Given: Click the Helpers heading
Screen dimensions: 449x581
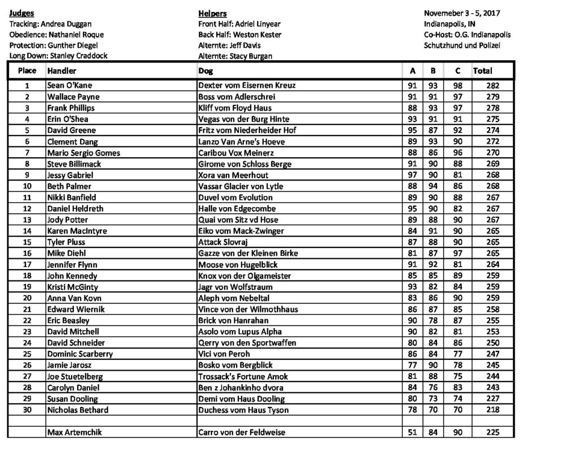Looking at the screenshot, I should point(211,13).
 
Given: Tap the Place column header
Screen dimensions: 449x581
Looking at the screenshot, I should point(27,71).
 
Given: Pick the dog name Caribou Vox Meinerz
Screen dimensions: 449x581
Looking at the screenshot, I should point(233,153).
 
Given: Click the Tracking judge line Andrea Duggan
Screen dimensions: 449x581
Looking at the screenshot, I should point(50,24).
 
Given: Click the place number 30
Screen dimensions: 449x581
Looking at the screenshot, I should point(27,410).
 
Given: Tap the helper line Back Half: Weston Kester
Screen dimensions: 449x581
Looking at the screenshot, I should point(239,35).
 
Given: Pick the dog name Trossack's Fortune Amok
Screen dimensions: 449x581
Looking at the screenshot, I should point(243,376).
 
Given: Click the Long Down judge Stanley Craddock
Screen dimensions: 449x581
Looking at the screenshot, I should point(58,56).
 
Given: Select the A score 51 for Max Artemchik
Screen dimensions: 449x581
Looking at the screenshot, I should point(412,433).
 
